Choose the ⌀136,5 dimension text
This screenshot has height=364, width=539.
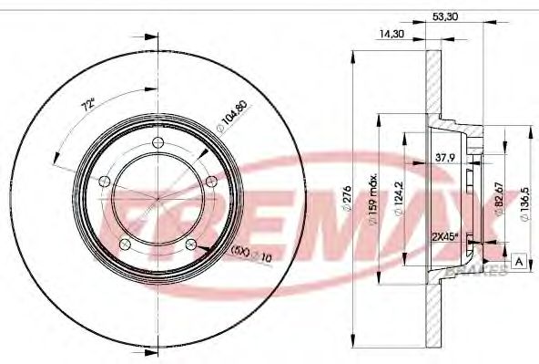coord(522,197)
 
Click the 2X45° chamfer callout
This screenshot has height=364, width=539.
coord(445,235)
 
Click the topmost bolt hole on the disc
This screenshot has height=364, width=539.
coord(158,141)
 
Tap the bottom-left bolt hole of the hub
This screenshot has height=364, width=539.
coord(125,243)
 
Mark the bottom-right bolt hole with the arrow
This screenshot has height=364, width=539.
coord(190,244)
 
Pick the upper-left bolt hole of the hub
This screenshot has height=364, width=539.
coord(105,180)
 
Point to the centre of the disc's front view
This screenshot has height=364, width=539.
coord(158,198)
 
